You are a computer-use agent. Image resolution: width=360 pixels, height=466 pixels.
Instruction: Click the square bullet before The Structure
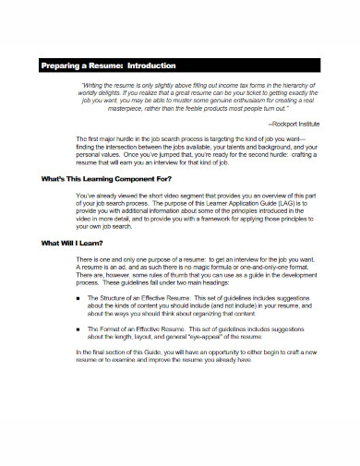[x=79, y=300]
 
